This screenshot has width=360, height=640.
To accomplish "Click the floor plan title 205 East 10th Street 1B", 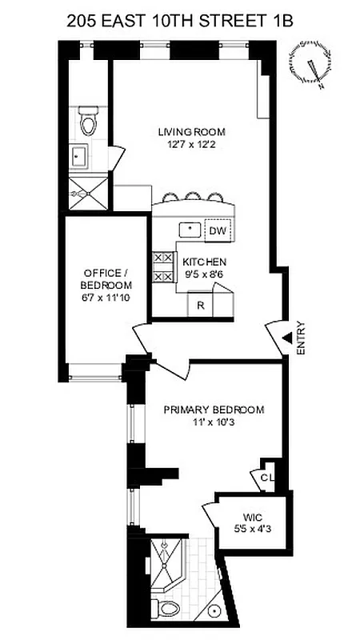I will coord(180,18).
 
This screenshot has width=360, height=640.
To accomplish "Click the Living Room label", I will coord(191,132).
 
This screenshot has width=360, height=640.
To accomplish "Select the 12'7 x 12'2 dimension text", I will coord(191,145).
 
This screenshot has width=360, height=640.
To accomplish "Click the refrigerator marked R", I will coord(200,305).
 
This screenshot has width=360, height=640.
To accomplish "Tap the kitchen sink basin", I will coord(189,229).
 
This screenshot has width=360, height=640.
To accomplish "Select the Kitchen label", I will coord(204,262).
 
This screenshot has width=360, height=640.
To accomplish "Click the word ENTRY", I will coord(301,338).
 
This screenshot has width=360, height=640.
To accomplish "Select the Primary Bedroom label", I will coord(214,410).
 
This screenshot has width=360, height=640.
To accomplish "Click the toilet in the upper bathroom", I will coord(88,120).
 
